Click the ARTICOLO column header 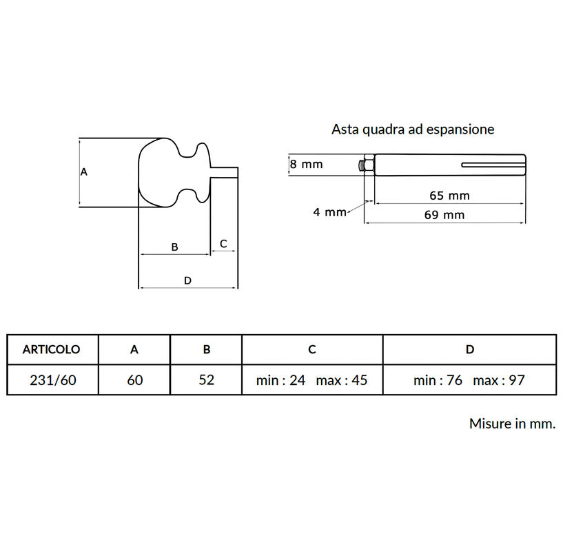[x=52, y=349]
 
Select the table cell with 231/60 [x=53, y=380]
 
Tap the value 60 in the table [x=134, y=380]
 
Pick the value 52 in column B [x=207, y=380]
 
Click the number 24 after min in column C [x=297, y=380]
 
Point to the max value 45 [x=360, y=380]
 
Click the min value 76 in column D [x=454, y=380]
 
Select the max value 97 [x=517, y=380]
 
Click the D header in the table [x=470, y=349]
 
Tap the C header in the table [x=312, y=349]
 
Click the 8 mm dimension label [x=306, y=165]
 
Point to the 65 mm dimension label [x=449, y=196]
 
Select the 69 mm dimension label [x=444, y=215]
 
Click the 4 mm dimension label [x=329, y=212]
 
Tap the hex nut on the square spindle [x=369, y=165]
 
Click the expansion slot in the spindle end [x=493, y=165]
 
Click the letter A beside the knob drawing [x=83, y=172]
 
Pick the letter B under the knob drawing [x=174, y=247]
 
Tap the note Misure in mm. [x=513, y=424]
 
